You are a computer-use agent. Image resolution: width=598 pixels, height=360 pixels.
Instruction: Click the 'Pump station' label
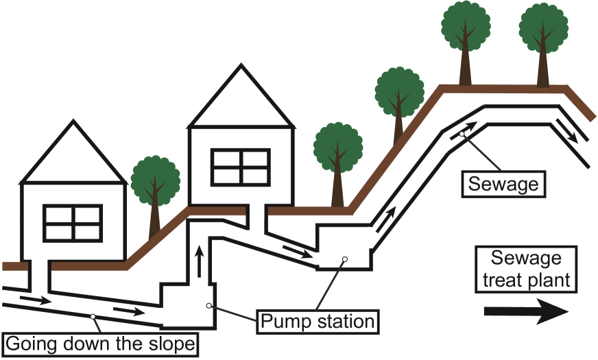tap(317, 321)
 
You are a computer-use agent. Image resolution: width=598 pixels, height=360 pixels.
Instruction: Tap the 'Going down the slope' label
tap(100, 343)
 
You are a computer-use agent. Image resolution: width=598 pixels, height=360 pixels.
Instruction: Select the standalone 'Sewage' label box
tap(503, 184)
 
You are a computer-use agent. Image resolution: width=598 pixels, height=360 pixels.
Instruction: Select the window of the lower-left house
tap(73, 223)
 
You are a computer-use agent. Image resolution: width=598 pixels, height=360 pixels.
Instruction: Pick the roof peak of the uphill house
tap(241, 69)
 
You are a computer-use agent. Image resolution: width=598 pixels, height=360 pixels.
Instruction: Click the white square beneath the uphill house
tap(256, 211)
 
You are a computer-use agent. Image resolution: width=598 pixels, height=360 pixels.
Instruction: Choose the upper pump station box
tap(343, 247)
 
